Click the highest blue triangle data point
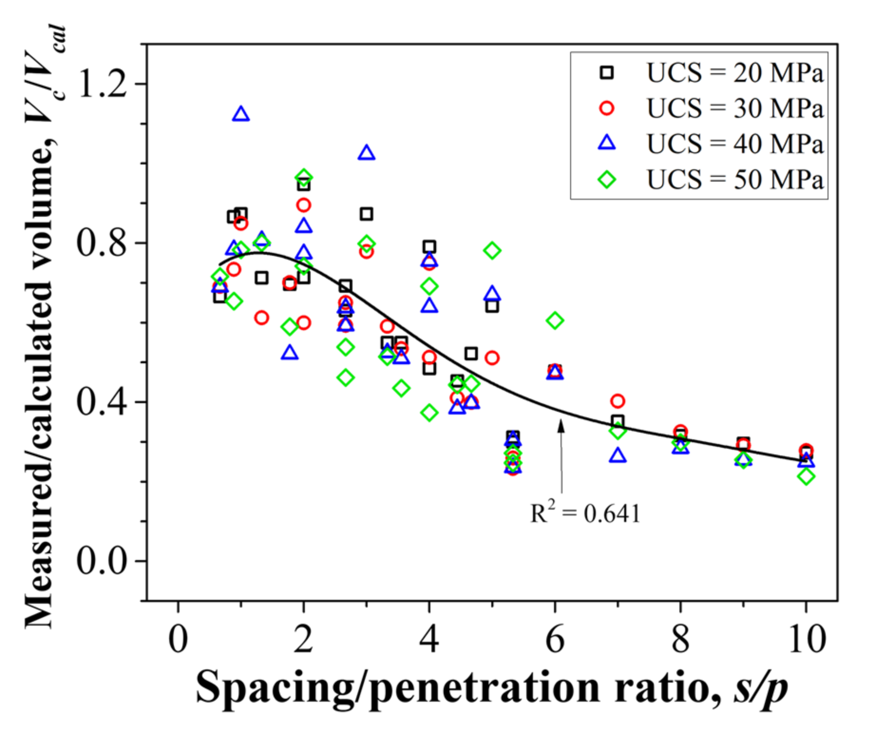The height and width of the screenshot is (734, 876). [241, 115]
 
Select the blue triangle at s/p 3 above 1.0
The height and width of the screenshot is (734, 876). [366, 153]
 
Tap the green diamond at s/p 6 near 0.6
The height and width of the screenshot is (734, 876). [555, 320]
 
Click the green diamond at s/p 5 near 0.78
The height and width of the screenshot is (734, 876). [492, 250]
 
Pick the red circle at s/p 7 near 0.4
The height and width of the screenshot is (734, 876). [618, 401]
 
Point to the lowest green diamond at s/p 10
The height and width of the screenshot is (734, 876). [806, 476]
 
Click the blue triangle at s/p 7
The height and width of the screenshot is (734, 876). [618, 455]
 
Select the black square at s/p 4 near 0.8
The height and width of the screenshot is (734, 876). [429, 247]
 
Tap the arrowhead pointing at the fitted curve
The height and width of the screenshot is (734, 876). [561, 425]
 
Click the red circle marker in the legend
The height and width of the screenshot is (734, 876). [607, 108]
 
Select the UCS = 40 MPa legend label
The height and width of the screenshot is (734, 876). [734, 144]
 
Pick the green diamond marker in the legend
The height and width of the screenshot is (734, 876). [607, 179]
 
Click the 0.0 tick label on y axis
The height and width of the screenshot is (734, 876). [102, 561]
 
